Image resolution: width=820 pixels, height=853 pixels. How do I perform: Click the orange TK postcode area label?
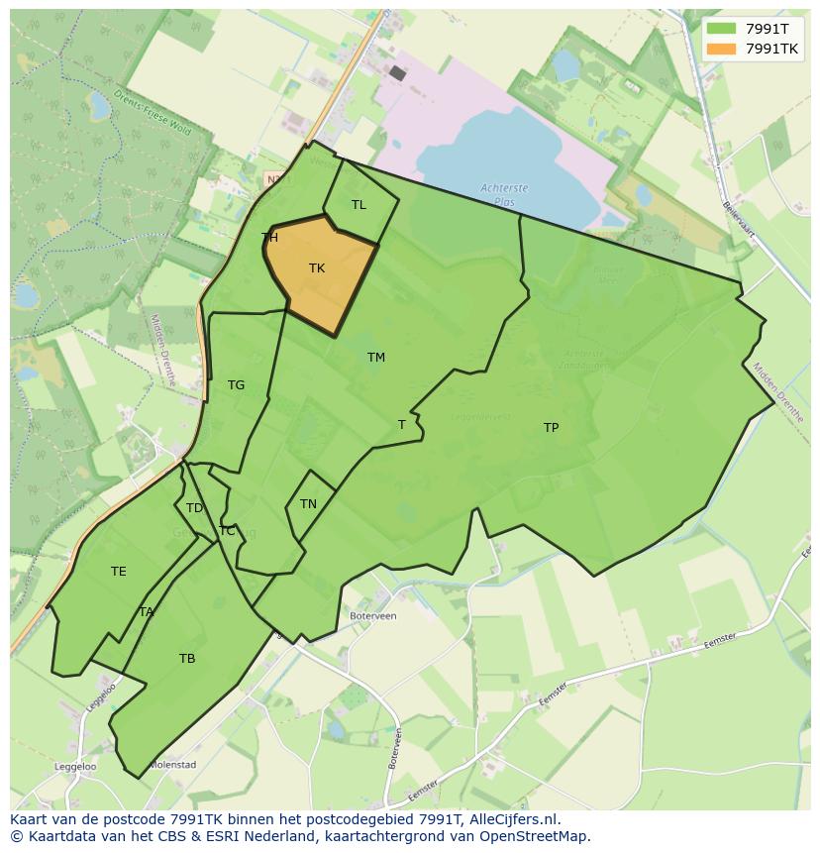pyautogui.click(x=317, y=268)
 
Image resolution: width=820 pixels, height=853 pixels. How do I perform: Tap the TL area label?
pyautogui.click(x=359, y=205)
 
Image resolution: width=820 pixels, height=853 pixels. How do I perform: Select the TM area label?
pyautogui.click(x=376, y=358)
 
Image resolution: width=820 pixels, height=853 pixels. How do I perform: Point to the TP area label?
pyautogui.click(x=551, y=428)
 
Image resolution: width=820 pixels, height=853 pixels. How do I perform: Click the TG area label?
pyautogui.click(x=236, y=385)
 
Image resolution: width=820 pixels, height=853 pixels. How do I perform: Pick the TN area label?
pyautogui.click(x=308, y=504)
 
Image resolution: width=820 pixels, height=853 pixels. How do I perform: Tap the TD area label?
pyautogui.click(x=194, y=508)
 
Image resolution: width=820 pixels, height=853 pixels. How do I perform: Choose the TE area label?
pyautogui.click(x=119, y=572)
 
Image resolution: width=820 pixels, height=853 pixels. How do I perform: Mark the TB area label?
pyautogui.click(x=187, y=659)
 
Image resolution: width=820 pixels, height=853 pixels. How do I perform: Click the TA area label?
pyautogui.click(x=147, y=612)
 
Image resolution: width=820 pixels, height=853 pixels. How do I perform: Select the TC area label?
pyautogui.click(x=227, y=531)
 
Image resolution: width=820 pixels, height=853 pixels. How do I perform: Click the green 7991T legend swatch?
pyautogui.click(x=722, y=29)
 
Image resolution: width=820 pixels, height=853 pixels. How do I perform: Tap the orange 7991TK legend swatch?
pyautogui.click(x=722, y=49)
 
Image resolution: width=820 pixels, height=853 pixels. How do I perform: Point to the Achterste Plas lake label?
pyautogui.click(x=504, y=193)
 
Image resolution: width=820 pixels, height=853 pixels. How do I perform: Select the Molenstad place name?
pyautogui.click(x=172, y=765)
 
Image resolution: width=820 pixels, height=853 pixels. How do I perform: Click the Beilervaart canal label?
pyautogui.click(x=740, y=219)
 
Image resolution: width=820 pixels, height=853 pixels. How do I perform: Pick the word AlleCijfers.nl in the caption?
pyautogui.click(x=514, y=819)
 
